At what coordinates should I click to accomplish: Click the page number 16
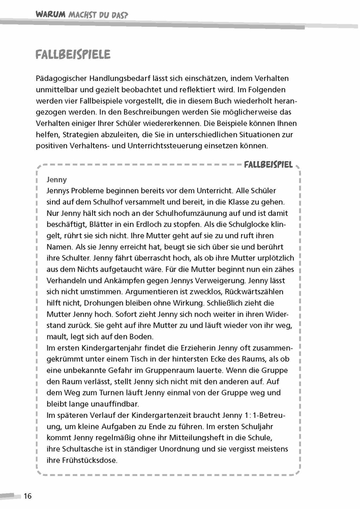pos(27,496)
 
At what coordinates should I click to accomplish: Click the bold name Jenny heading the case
pos(56,180)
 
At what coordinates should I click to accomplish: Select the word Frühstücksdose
pos(89,460)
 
